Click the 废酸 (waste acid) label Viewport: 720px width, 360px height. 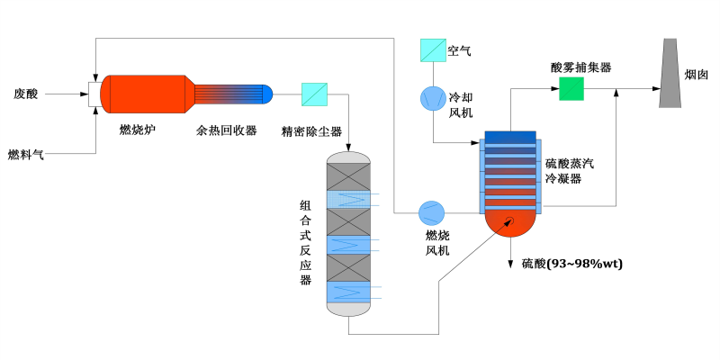(x=26, y=93)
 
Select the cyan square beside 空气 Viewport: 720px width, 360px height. (x=432, y=50)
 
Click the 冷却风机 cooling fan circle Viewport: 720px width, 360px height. (x=432, y=98)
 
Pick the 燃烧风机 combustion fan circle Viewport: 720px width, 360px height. (x=431, y=213)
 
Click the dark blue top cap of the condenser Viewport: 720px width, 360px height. (x=510, y=137)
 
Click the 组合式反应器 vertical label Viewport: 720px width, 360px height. (x=305, y=242)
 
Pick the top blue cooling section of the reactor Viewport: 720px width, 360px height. (x=349, y=198)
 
